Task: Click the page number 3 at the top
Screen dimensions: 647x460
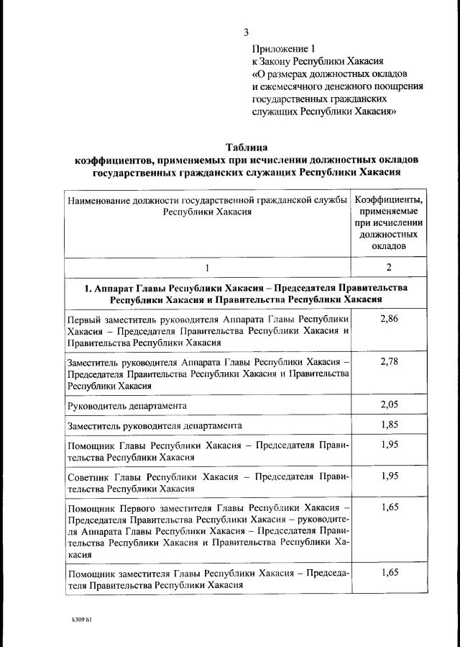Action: (x=247, y=32)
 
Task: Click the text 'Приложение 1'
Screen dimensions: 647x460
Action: (x=283, y=48)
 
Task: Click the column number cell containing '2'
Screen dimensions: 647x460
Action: (x=388, y=268)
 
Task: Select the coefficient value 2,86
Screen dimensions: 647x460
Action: (x=388, y=320)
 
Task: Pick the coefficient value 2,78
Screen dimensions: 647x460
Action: (x=388, y=361)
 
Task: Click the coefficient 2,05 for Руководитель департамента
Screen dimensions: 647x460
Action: (x=388, y=406)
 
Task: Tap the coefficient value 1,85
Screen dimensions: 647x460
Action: (x=388, y=425)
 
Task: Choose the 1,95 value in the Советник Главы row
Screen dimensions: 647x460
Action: (x=388, y=476)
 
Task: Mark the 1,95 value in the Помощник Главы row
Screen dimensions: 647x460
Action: (x=388, y=445)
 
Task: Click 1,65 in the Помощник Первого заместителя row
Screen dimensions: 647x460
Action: (x=388, y=508)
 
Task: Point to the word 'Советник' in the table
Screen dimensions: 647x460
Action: (x=88, y=477)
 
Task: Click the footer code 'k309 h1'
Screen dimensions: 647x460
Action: (x=81, y=619)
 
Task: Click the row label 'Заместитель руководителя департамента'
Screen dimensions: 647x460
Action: (x=155, y=426)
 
